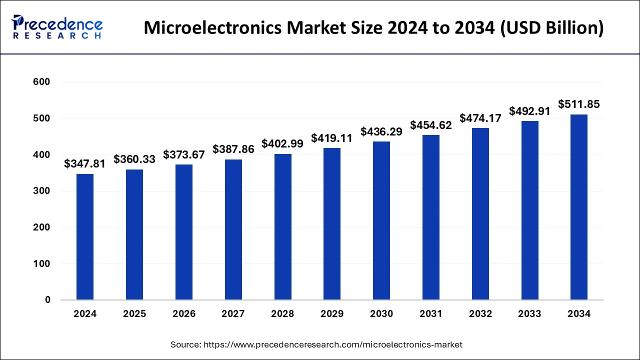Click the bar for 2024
[85, 237]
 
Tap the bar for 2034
[579, 207]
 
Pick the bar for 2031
[430, 217]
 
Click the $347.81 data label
[85, 163]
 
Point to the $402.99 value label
[282, 143]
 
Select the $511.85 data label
[579, 104]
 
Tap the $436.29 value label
[381, 132]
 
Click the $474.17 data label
[480, 118]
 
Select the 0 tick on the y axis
[47, 300]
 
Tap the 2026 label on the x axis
[184, 314]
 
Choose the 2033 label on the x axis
[529, 314]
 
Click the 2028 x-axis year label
[282, 314]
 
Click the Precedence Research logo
[57, 27]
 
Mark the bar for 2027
[233, 229]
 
